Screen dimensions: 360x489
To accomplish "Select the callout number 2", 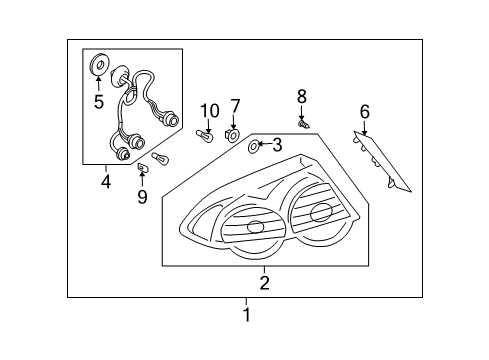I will pyautogui.click(x=264, y=283).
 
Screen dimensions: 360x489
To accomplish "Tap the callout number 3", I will pyautogui.click(x=277, y=146).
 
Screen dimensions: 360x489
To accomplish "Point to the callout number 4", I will pyautogui.click(x=105, y=181).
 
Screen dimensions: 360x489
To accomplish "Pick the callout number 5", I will pyautogui.click(x=98, y=101).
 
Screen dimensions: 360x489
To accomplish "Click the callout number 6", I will pyautogui.click(x=365, y=111).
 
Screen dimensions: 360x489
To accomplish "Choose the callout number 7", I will pyautogui.click(x=236, y=106).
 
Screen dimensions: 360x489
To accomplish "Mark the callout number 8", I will pyautogui.click(x=301, y=97).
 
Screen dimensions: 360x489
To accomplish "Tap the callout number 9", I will pyautogui.click(x=142, y=196).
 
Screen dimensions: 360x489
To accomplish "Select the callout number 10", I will pyautogui.click(x=209, y=111).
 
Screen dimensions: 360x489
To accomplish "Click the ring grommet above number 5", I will pyautogui.click(x=98, y=66).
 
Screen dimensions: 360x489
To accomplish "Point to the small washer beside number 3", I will pyautogui.click(x=252, y=148).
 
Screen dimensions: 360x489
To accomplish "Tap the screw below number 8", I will pyautogui.click(x=303, y=124).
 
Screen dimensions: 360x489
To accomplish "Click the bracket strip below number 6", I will pyautogui.click(x=384, y=161).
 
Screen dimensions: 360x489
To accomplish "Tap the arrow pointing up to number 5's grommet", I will pyautogui.click(x=98, y=83).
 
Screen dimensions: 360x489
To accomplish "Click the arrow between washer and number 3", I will pyautogui.click(x=264, y=146).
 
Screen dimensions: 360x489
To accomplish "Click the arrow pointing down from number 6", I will pyautogui.click(x=365, y=127).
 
